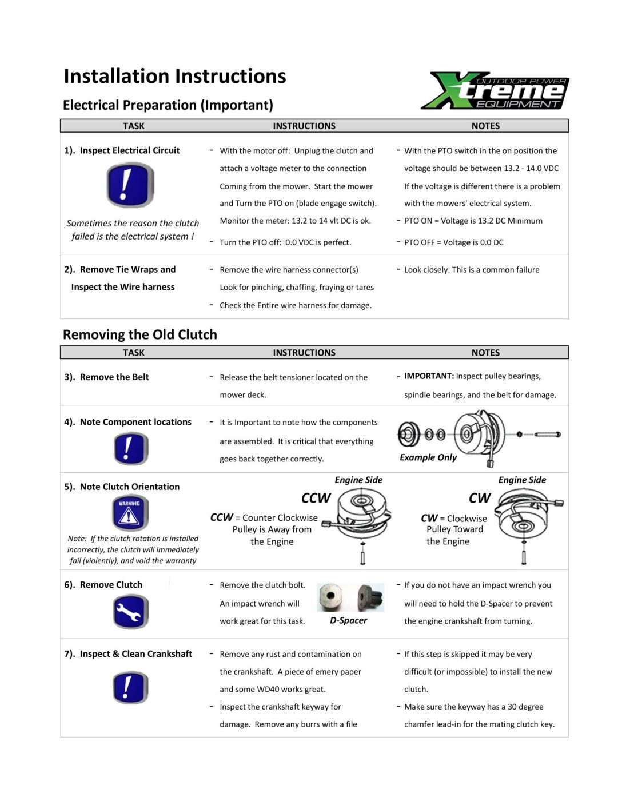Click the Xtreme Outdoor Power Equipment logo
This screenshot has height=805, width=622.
point(495,91)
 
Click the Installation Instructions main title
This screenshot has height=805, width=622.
point(174,76)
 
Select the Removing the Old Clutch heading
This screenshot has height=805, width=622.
point(139,334)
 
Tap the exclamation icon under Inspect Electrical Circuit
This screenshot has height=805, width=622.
point(130,185)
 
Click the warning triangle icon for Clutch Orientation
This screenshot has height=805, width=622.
point(130,512)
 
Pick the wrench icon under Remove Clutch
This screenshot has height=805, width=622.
point(130,612)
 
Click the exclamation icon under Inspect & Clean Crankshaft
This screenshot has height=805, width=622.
point(130,687)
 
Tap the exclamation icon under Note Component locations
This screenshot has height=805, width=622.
point(130,448)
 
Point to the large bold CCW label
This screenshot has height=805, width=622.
point(316,498)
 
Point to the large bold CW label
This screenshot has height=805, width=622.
point(479,498)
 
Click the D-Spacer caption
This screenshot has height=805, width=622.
point(348,620)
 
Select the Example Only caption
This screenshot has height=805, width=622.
point(428,457)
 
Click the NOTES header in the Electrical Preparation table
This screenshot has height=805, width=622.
point(485,126)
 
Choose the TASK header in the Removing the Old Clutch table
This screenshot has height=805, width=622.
point(134,353)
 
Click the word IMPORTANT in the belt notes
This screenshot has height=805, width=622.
point(429,376)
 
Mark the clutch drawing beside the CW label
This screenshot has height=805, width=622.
point(525,517)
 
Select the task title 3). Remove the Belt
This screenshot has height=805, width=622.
point(106,377)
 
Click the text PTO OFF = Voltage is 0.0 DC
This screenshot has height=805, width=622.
point(453,242)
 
